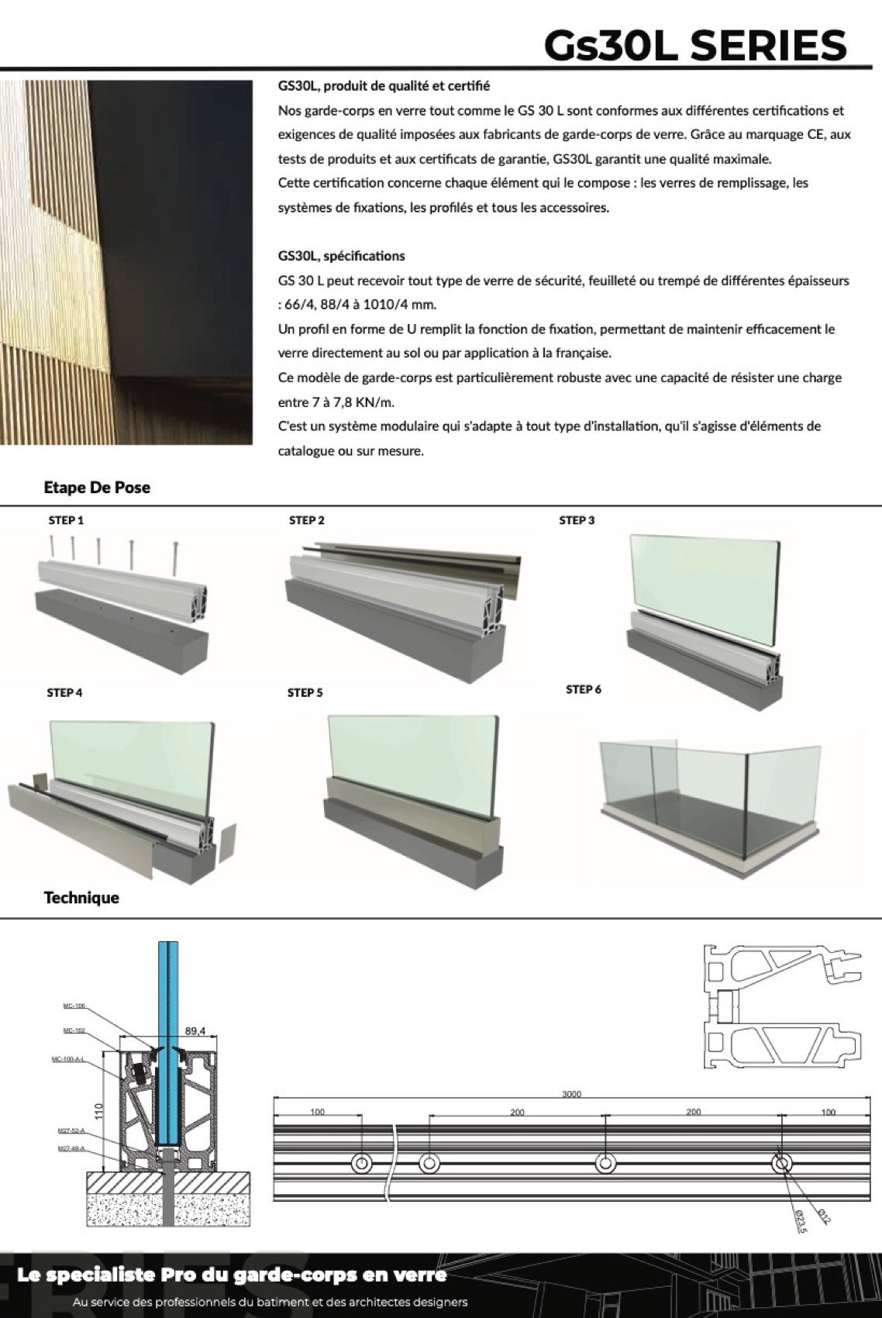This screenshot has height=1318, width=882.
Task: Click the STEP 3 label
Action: point(577,520)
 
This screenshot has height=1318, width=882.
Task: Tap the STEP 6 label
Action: point(584,689)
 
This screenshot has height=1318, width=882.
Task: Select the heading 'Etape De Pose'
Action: point(97,488)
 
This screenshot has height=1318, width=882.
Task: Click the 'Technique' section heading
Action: point(81,898)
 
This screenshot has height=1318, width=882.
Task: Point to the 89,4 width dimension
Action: point(195,1031)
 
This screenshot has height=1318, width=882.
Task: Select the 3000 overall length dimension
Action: point(572,1095)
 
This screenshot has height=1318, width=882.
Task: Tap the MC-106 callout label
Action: point(74,1006)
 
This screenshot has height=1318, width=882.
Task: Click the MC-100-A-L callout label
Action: point(68,1059)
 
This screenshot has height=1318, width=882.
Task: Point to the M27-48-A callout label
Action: point(71,1149)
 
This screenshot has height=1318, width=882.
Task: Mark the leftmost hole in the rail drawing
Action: point(361,1164)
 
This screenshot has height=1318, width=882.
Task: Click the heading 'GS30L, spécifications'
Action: point(341,256)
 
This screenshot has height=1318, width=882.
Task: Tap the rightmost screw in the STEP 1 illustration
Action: point(177,557)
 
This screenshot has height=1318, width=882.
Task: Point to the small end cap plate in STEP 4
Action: point(225,844)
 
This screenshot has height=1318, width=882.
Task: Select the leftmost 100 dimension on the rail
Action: point(318,1113)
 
